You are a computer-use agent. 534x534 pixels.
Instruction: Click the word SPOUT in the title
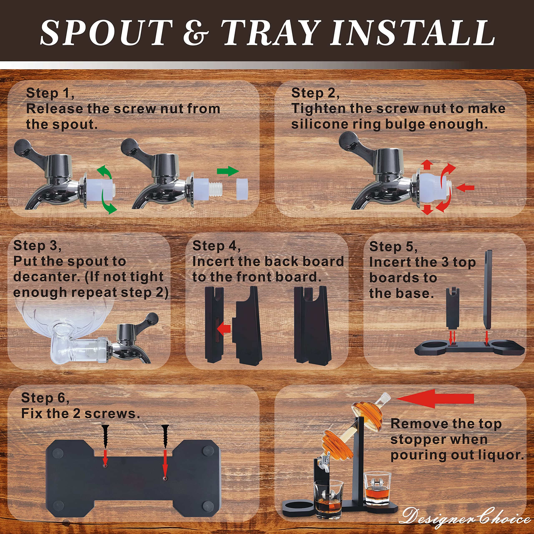click(x=106, y=33)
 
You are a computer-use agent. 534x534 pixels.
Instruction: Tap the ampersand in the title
click(x=196, y=33)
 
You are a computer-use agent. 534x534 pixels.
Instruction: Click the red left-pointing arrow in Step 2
click(x=465, y=188)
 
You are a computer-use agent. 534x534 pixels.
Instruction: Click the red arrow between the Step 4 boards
click(x=224, y=329)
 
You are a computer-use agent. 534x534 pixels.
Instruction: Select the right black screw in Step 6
click(x=165, y=436)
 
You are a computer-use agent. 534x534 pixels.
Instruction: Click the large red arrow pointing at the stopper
click(x=435, y=399)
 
